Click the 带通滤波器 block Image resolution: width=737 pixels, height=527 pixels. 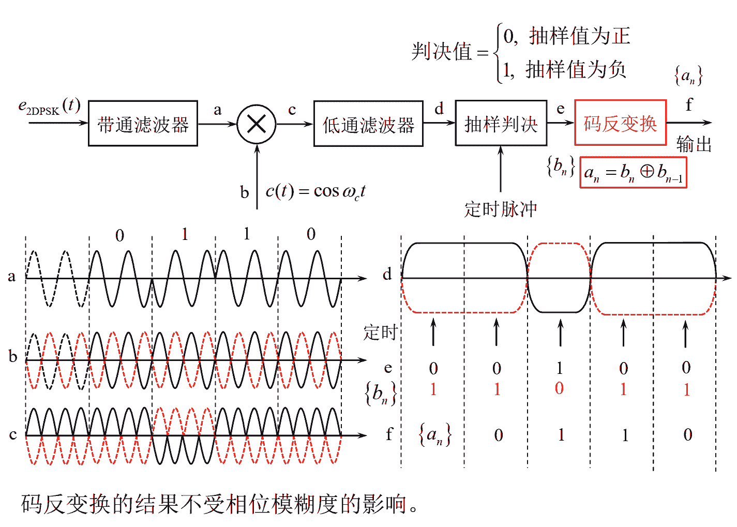[x=143, y=124]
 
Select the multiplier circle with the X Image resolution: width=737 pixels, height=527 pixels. [x=257, y=124]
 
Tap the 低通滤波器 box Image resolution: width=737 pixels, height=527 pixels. [x=368, y=124]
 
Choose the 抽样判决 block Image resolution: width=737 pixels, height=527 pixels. [x=501, y=124]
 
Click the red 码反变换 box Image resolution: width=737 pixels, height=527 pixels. [x=620, y=123]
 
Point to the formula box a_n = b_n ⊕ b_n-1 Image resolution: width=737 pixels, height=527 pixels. [x=633, y=173]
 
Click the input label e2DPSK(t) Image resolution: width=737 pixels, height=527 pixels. [x=50, y=107]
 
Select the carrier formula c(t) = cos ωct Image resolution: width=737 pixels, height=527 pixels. [x=315, y=191]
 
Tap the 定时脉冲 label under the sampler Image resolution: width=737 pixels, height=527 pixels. [x=500, y=209]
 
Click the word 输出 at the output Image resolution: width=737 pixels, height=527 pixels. [x=694, y=144]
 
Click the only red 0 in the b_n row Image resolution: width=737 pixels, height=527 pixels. [x=559, y=388]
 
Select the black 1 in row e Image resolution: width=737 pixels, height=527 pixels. [x=560, y=368]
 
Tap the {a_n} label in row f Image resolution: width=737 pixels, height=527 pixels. [x=434, y=434]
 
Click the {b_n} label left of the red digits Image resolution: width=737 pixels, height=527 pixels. [x=381, y=394]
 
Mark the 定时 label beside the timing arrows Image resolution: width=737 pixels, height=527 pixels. [x=380, y=332]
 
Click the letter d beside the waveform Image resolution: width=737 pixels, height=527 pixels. [x=387, y=275]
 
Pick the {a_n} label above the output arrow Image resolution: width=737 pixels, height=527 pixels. [x=688, y=76]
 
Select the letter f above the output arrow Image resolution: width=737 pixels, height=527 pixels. [x=688, y=105]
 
